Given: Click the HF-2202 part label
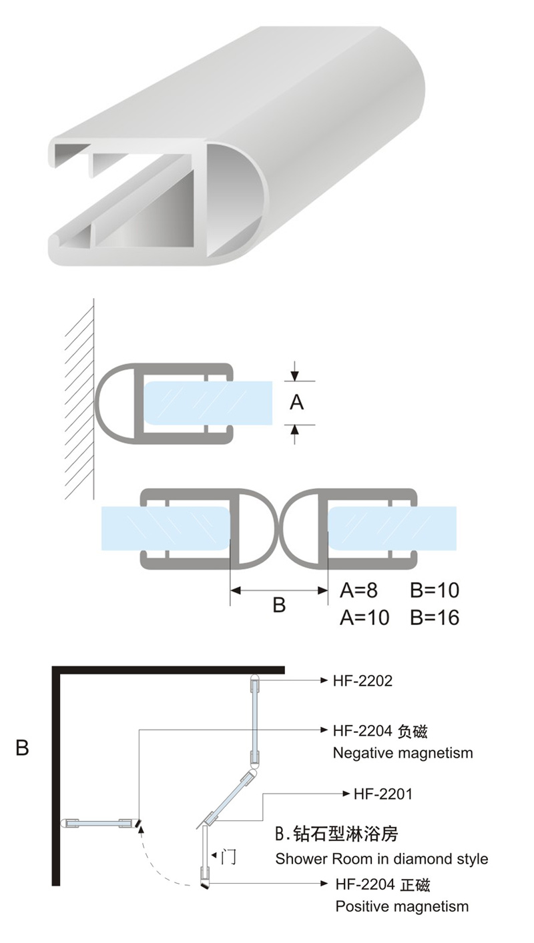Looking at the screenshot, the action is pos(362,681).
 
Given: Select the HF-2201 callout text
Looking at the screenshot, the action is pos(382,794).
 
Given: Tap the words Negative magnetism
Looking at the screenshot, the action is pos(403,753).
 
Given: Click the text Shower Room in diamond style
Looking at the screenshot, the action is pos(382,859).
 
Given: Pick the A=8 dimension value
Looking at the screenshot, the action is pos(358,590).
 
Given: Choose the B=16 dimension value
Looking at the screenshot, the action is pos(435,618).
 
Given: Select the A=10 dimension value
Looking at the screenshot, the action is pos(364,618).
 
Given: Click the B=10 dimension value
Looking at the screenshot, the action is pos(435,590).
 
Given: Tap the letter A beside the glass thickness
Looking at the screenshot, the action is pos(297,402).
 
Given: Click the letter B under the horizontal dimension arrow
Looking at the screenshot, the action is pos(279,605).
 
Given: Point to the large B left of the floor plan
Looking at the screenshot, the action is pos(22,748).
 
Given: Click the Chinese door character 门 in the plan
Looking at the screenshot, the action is pos(228,856).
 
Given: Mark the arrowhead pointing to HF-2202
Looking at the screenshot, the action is pos(324,680).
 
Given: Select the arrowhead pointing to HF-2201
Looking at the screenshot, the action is pos(346,794).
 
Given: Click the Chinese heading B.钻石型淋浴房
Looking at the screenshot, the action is pos(336,834).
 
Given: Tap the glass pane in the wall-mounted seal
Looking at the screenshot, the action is pos(208,403).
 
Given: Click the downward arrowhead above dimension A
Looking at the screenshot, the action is pos(295,375).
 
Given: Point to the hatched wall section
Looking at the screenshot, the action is pos(79,399).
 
